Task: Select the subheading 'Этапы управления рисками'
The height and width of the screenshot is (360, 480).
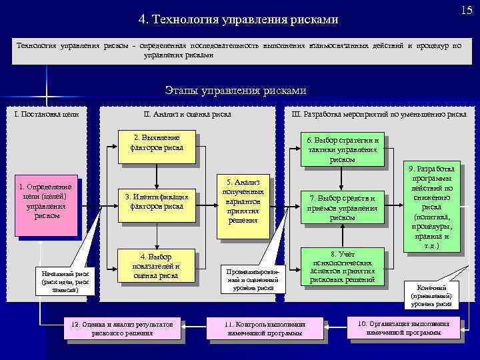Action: tap(235, 91)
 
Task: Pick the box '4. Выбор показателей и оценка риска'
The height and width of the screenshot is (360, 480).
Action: tap(157, 266)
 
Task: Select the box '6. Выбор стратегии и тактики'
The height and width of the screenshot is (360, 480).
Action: tap(343, 149)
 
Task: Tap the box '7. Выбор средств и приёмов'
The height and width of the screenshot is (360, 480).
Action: tap(343, 207)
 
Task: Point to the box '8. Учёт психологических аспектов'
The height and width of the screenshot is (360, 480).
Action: tap(343, 267)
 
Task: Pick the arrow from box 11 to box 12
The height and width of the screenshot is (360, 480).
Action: tap(195, 327)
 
